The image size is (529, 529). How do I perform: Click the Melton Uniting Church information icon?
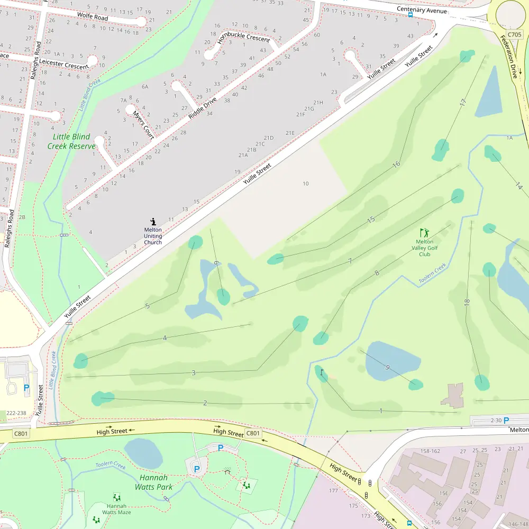coord(153,222)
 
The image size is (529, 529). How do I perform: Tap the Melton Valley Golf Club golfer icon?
coord(424,232)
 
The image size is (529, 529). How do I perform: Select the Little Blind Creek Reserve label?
coord(71,141)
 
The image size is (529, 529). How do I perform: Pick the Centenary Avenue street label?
coord(422,11)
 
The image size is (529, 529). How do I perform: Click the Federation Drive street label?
coord(509,57)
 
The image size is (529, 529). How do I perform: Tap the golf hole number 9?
coord(388,367)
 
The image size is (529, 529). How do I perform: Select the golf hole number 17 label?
coord(463,103)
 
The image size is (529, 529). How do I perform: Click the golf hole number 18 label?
coord(467,303)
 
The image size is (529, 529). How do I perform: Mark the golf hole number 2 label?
coord(205,403)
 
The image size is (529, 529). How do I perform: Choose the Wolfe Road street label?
coord(93,16)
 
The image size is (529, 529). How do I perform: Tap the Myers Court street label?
coord(143,125)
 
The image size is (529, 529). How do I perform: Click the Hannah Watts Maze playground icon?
coord(116,497)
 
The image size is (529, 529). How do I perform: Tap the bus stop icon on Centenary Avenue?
coord(411,15)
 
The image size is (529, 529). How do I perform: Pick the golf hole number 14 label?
coord(519,186)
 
